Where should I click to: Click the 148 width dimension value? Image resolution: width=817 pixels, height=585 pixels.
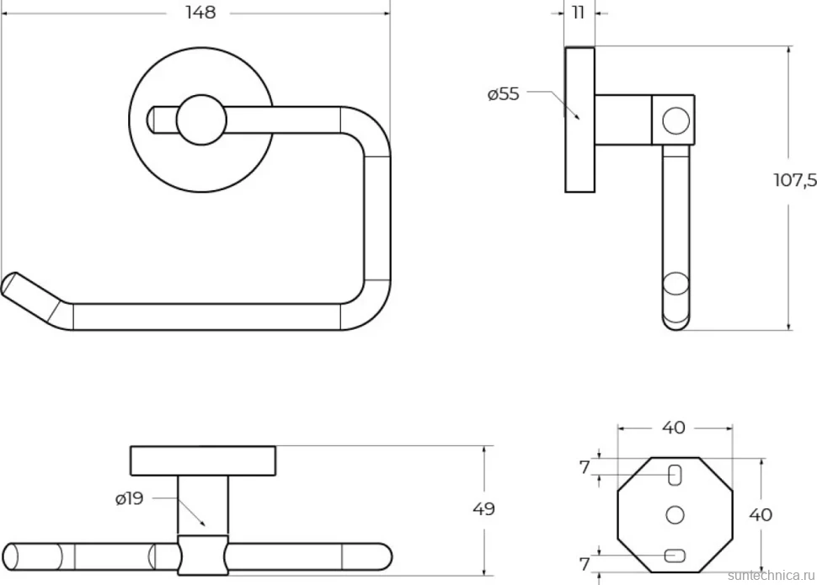click(x=200, y=13)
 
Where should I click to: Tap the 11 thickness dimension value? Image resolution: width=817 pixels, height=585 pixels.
click(x=579, y=13)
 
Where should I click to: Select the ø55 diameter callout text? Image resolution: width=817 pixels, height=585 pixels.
click(x=504, y=94)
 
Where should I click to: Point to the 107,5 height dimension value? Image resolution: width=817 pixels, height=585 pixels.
click(x=795, y=180)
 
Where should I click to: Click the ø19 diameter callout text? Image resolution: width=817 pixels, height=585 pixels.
click(x=129, y=498)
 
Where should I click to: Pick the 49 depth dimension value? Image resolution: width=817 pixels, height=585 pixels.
click(x=483, y=509)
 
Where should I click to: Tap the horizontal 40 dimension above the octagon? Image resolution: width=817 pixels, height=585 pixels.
click(x=674, y=428)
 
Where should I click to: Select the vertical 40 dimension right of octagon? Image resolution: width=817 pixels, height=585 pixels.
click(x=761, y=514)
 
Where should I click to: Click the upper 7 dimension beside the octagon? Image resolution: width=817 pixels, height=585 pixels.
click(x=585, y=468)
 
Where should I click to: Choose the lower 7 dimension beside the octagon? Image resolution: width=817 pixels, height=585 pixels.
click(x=585, y=564)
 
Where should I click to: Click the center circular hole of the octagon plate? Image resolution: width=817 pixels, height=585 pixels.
click(x=675, y=514)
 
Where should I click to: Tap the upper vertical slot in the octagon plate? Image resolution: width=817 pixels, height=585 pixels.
click(x=675, y=475)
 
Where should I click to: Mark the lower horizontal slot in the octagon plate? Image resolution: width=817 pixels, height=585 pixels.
click(x=675, y=556)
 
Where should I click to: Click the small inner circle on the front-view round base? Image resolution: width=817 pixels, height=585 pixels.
click(x=201, y=120)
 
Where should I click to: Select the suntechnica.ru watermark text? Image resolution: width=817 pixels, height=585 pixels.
click(x=772, y=575)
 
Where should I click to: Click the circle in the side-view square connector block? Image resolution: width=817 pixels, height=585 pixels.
click(x=675, y=120)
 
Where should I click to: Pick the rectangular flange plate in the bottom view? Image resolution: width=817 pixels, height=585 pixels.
click(x=203, y=460)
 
